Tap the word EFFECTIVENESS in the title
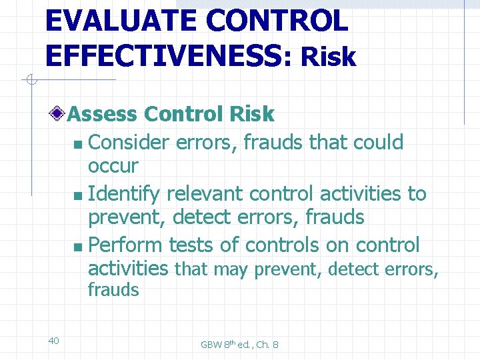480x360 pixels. click(163, 57)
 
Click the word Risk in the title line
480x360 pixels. click(328, 58)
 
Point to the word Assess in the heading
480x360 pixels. click(103, 114)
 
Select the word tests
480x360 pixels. click(191, 245)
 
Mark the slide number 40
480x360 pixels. click(54, 341)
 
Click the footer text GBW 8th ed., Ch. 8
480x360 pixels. click(239, 345)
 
